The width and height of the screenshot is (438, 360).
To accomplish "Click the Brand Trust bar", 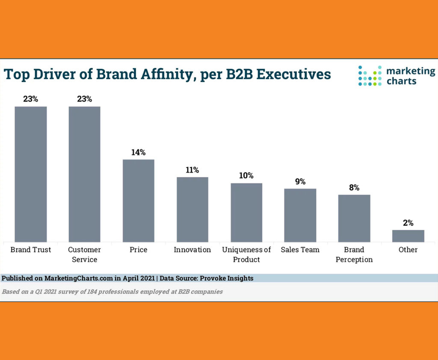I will point(30,174).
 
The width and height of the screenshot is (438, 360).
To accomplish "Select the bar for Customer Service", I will point(84,174).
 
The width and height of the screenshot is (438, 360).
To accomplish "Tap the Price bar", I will point(139,201).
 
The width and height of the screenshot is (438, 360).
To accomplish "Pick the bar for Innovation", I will point(192,210).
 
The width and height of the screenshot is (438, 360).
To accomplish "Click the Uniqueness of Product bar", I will point(246,212).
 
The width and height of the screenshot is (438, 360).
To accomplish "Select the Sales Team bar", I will point(300,215).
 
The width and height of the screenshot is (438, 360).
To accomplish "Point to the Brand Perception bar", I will point(354,218).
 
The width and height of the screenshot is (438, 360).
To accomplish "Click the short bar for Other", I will point(408,236).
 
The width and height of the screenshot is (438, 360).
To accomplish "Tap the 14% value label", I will point(139,152).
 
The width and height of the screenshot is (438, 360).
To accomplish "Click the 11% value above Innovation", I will point(192,170).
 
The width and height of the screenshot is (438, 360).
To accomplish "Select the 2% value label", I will point(408,223).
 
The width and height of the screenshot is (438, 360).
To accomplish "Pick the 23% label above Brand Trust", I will point(30,99).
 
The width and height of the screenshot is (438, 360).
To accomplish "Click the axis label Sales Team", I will point(300,250).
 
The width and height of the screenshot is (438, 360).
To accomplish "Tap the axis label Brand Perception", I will point(354,254).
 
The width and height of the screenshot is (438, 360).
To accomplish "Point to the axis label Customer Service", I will point(84,254).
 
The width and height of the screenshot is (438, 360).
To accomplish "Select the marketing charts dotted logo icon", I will point(370,76).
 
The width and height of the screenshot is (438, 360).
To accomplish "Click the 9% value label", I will point(300,182).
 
